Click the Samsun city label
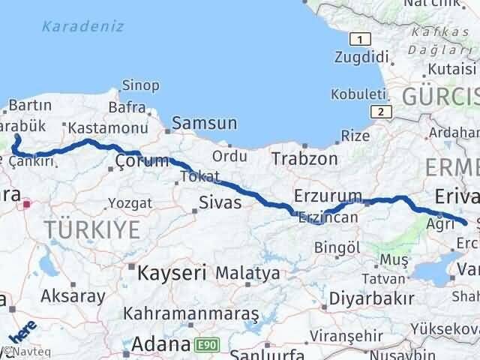point(205,124)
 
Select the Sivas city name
point(220,202)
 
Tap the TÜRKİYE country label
point(91,229)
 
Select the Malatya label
point(247,273)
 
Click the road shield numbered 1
point(361,39)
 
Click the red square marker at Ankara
point(28,203)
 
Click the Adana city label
point(160,345)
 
